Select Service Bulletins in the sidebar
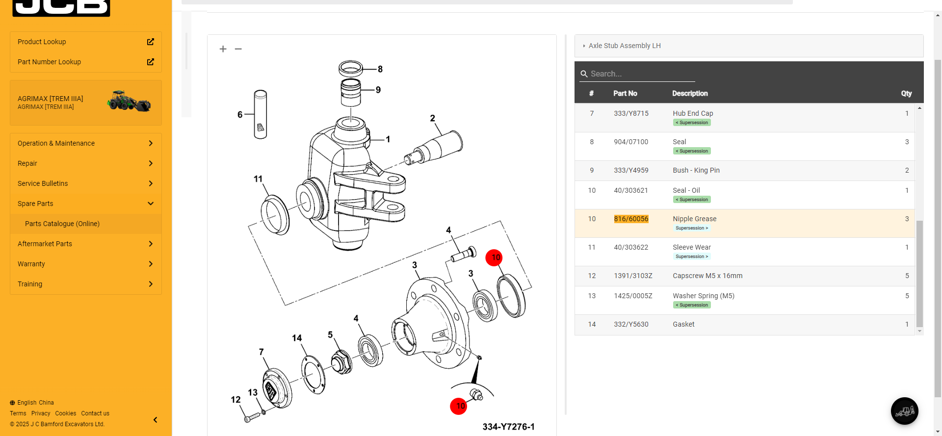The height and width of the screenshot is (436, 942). click(x=43, y=183)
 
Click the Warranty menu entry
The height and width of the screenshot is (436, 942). click(x=31, y=264)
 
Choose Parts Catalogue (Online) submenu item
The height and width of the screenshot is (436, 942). click(x=62, y=224)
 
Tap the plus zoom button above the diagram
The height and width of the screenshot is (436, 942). click(x=223, y=49)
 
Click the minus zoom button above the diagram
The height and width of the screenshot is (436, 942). click(x=238, y=49)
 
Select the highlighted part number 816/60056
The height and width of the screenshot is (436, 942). click(x=631, y=219)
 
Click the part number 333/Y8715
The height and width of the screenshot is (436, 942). click(x=631, y=113)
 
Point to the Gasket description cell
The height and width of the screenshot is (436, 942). click(x=683, y=324)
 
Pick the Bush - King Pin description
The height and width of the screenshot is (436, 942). click(x=696, y=170)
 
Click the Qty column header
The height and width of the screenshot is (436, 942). click(x=906, y=93)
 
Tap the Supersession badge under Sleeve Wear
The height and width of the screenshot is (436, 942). click(x=692, y=256)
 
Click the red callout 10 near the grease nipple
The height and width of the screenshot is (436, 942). click(x=459, y=406)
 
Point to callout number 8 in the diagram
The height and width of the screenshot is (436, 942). click(x=380, y=69)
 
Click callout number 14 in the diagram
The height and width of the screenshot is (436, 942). click(x=297, y=338)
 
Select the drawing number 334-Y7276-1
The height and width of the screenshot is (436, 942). click(x=508, y=427)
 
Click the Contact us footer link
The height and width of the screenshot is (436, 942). click(x=95, y=413)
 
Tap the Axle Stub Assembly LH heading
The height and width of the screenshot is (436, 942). click(x=625, y=46)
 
